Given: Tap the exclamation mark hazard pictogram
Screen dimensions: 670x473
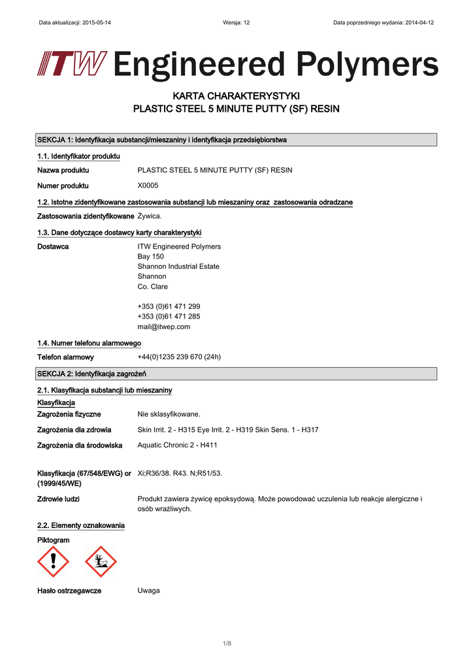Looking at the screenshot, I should (x=53, y=561).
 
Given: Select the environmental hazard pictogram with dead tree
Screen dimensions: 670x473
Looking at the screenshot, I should (x=101, y=561).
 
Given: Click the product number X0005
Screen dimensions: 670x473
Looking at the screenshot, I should (x=148, y=185).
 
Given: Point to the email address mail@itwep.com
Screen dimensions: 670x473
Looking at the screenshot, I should (x=163, y=326).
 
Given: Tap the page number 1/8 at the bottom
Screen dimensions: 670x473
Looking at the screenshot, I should (x=227, y=643).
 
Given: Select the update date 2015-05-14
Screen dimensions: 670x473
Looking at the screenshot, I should (x=95, y=22).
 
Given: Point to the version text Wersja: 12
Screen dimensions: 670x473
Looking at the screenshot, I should (x=236, y=22).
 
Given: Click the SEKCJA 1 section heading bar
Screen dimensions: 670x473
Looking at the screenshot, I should (x=236, y=140).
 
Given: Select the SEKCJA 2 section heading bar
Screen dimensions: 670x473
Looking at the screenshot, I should (x=236, y=374).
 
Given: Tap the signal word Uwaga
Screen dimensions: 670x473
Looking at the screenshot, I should (x=148, y=590).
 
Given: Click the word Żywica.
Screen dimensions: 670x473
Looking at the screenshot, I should (x=150, y=216).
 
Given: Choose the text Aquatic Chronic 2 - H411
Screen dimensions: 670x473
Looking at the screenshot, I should (x=177, y=445).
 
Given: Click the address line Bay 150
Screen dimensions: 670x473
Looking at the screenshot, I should (x=150, y=256).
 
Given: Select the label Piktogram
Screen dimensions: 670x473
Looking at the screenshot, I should (x=53, y=540).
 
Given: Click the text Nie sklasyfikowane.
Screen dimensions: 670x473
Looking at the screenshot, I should (x=169, y=414).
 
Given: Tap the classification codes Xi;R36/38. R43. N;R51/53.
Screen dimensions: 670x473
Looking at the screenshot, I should (x=180, y=472).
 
